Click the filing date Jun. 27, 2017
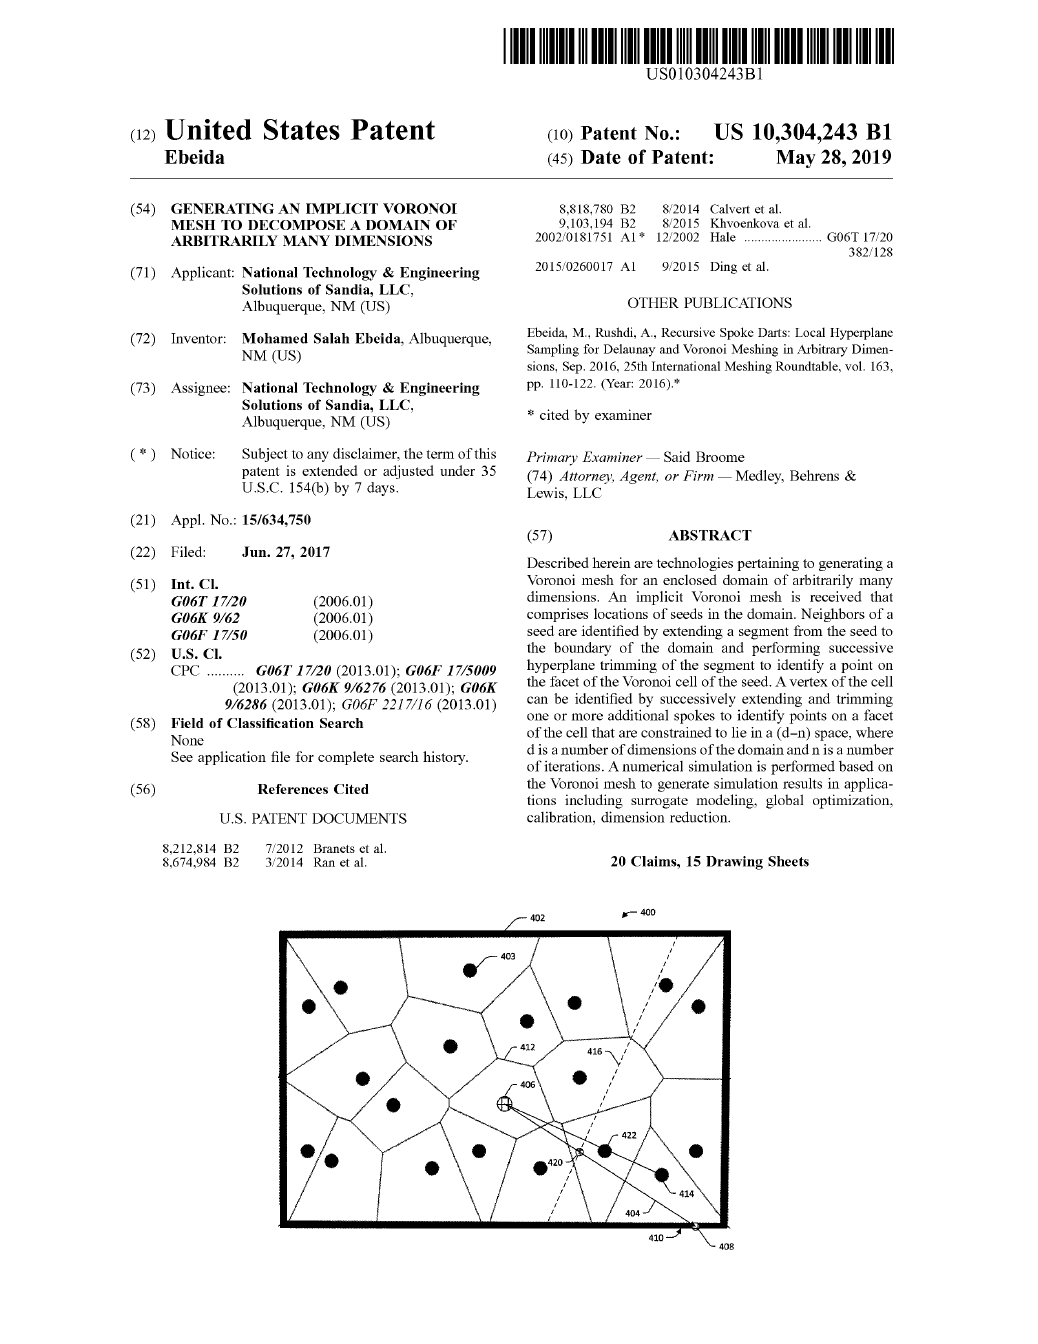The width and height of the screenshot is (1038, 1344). [286, 552]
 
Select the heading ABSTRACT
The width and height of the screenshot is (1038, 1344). [709, 536]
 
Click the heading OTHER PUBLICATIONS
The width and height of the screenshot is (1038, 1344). [709, 303]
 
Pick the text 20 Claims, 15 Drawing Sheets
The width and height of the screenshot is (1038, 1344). [709, 862]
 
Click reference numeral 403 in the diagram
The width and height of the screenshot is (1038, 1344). [508, 957]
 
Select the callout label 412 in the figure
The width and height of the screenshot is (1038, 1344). [528, 1047]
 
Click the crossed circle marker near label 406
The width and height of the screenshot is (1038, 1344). [505, 1103]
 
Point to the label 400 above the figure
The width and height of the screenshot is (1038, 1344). [647, 912]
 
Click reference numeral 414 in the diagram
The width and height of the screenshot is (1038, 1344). [686, 1193]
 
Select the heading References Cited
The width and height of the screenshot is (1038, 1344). [313, 789]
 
